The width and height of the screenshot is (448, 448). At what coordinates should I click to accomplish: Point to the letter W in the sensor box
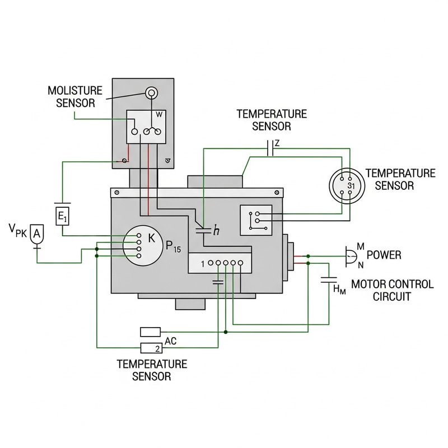(x=159, y=114)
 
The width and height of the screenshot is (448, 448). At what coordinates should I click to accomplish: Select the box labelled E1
(x=62, y=215)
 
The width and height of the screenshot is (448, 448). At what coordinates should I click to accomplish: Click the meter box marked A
(x=36, y=234)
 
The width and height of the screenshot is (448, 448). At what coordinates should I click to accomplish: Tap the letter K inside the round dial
(x=151, y=238)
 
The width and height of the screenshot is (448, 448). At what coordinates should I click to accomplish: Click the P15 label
(x=174, y=247)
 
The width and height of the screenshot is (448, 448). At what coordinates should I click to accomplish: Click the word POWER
(x=384, y=255)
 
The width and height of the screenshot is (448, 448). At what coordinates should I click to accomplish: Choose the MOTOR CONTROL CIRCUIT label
(x=391, y=290)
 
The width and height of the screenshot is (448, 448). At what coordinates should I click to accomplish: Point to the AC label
(x=171, y=340)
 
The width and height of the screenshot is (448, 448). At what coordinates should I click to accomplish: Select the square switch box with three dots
(x=255, y=220)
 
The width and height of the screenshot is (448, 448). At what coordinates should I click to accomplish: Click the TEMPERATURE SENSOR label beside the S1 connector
(x=399, y=179)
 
